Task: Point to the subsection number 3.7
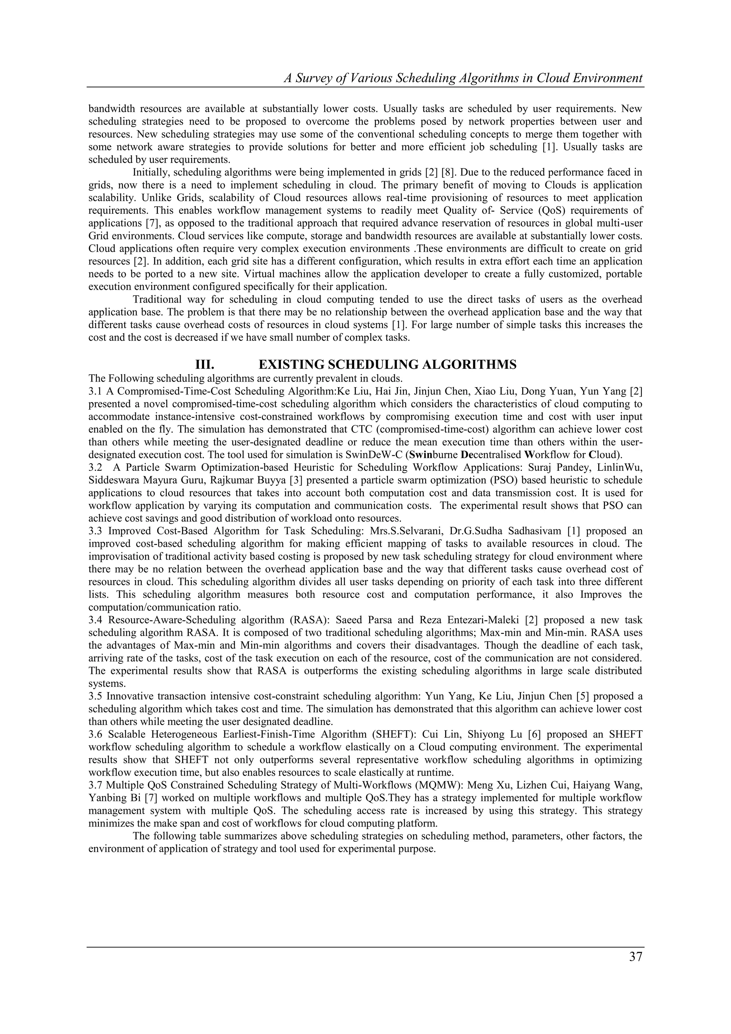click(95, 786)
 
